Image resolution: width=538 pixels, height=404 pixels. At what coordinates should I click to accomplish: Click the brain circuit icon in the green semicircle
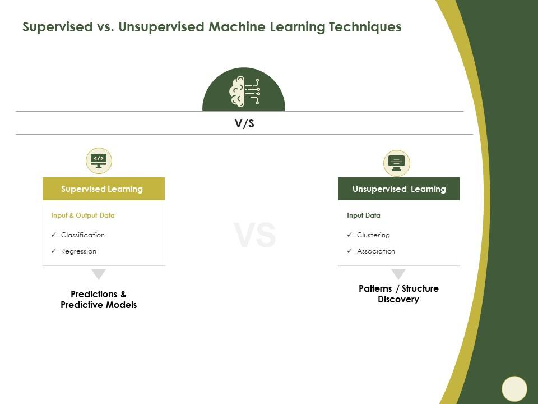[244, 91]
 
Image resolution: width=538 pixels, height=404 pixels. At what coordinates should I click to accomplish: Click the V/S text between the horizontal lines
[244, 123]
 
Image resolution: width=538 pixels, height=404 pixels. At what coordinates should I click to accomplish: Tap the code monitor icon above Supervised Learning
[99, 161]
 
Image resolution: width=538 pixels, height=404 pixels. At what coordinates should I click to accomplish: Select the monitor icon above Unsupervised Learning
[397, 163]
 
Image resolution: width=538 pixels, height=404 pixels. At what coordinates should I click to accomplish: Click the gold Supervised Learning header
[104, 189]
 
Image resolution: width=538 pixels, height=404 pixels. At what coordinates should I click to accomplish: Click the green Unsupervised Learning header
[398, 189]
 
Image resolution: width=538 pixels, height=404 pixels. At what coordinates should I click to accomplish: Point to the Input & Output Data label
[83, 215]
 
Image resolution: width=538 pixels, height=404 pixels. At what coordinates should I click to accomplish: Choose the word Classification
[83, 235]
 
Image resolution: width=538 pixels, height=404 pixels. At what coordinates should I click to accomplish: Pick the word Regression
[78, 251]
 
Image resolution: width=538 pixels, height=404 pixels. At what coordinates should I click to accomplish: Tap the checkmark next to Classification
[54, 235]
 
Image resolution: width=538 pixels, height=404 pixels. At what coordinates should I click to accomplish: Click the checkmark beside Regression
[54, 251]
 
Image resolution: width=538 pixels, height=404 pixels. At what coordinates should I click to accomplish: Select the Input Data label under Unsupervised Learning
[363, 215]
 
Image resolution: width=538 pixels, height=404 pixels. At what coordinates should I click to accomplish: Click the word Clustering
[373, 235]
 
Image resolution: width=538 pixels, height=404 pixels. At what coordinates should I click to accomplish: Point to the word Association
[375, 251]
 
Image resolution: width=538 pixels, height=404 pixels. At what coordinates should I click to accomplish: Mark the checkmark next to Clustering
[349, 235]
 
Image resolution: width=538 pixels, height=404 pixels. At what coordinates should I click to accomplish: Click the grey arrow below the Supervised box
[99, 274]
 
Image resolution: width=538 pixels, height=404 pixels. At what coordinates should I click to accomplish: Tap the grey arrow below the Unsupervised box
[398, 274]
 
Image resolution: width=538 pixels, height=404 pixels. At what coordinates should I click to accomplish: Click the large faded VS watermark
[254, 235]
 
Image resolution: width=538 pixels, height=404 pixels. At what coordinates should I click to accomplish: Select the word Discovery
[398, 299]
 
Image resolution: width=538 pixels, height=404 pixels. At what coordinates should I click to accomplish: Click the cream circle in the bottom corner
[514, 389]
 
